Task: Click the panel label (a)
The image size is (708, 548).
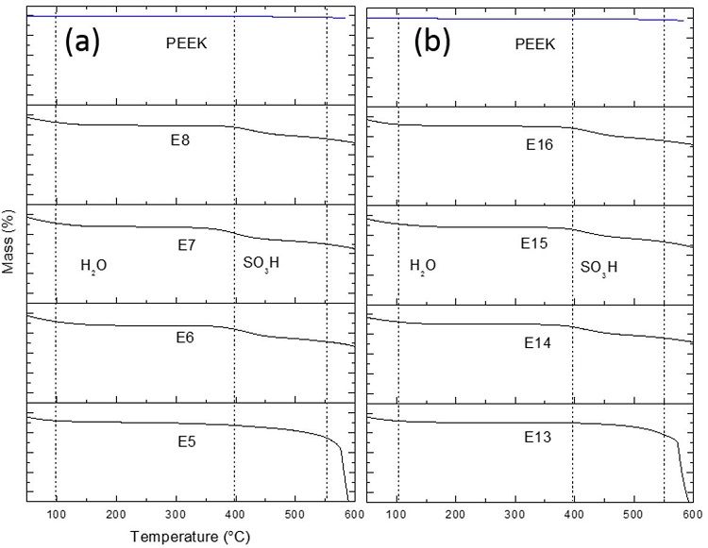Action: tap(81, 42)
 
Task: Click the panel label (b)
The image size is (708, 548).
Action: tap(432, 42)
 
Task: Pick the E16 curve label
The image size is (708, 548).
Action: tap(540, 145)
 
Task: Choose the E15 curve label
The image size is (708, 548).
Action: tap(535, 243)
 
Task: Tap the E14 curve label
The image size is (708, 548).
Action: tap(538, 344)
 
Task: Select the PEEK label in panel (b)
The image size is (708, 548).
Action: tap(535, 43)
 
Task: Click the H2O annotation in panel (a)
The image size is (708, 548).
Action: tap(93, 266)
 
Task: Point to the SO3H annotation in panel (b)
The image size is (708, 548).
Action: tap(598, 268)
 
